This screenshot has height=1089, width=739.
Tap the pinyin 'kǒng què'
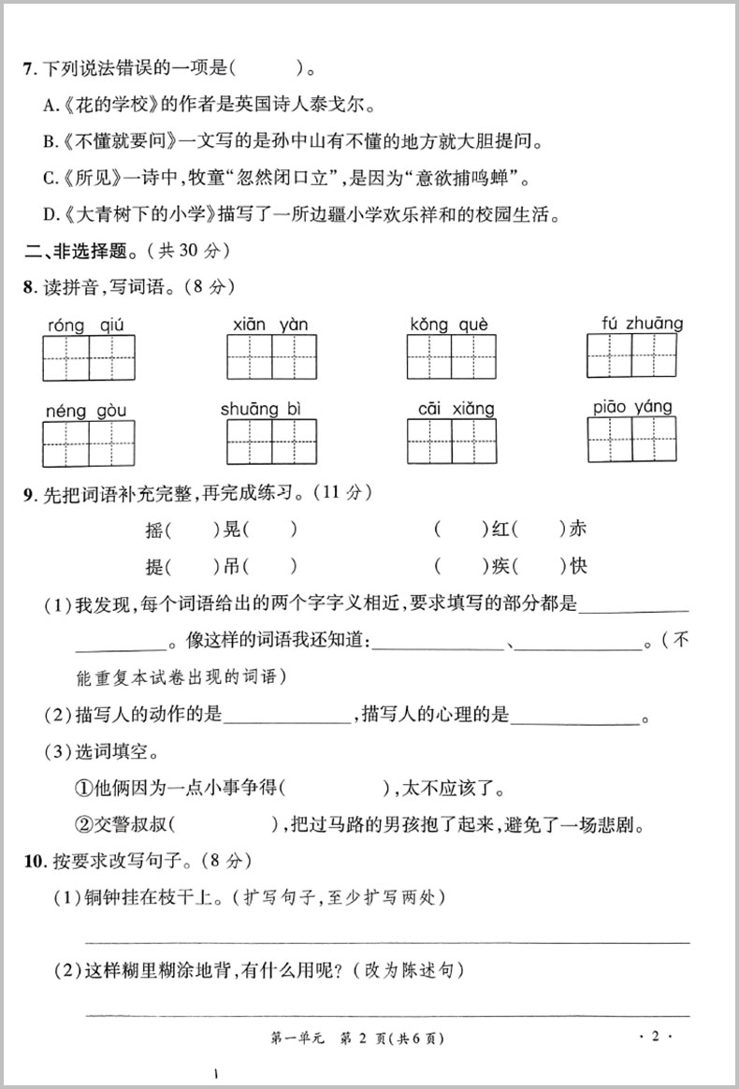pos(449,325)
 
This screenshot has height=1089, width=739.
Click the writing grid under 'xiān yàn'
pos(271,356)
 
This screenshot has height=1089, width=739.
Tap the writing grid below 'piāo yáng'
pos(631,439)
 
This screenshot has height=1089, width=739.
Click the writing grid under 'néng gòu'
pos(89,443)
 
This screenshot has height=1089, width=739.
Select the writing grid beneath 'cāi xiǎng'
pos(452,443)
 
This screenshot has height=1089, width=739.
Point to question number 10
pos(35,859)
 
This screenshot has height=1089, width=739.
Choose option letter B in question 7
pos(50,142)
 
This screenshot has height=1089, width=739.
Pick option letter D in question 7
pos(51,215)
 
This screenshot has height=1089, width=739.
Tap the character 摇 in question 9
pos(154,530)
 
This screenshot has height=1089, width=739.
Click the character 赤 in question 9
pos(578,529)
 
